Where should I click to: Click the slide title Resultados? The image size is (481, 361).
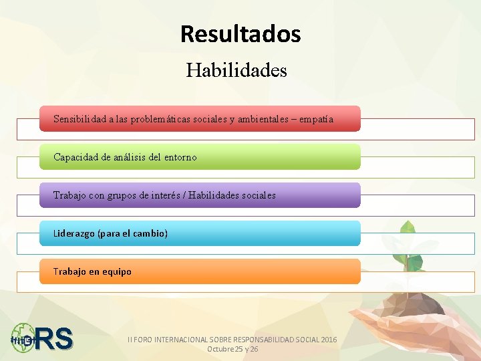click(x=240, y=34)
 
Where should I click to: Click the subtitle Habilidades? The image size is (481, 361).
click(x=236, y=70)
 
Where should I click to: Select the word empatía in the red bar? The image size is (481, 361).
click(x=316, y=119)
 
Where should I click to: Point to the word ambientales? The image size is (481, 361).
click(x=259, y=119)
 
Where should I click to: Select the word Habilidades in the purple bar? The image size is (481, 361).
click(x=217, y=195)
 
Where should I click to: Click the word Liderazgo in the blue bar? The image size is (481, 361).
click(x=74, y=234)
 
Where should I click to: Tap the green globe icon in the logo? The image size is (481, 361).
click(x=23, y=338)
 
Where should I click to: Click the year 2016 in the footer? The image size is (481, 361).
click(x=329, y=340)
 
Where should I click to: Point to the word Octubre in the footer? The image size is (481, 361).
click(x=220, y=350)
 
